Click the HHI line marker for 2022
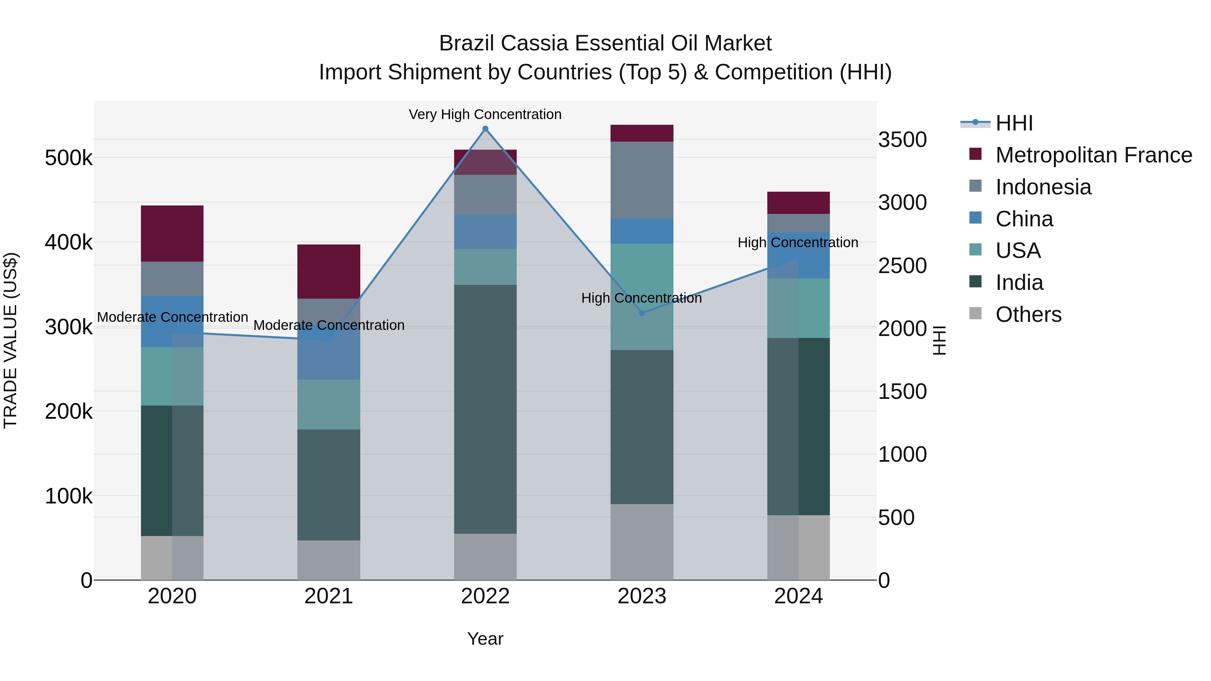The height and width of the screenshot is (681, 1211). [485, 129]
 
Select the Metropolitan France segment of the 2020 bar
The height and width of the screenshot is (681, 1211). [172, 234]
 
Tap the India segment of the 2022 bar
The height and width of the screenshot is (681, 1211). [485, 409]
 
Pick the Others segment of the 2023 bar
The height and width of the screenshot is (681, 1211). [642, 542]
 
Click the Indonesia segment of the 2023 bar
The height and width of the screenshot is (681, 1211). [642, 180]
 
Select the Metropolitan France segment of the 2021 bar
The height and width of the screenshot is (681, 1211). [329, 272]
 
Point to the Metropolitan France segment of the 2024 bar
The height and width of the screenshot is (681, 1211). [798, 203]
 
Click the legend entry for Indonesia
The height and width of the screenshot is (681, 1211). [1043, 187]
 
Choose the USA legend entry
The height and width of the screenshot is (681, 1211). [1018, 251]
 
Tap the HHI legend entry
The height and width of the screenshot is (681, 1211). [1014, 123]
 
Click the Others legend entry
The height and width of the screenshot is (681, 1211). [1028, 314]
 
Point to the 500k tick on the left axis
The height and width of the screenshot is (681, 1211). [69, 158]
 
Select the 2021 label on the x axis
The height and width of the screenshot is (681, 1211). [329, 596]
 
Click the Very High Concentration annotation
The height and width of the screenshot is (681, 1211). [485, 114]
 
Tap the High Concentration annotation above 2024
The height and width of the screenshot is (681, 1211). [798, 242]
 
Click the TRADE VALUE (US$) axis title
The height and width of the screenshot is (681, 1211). [10, 340]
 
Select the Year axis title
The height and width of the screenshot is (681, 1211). [485, 639]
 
